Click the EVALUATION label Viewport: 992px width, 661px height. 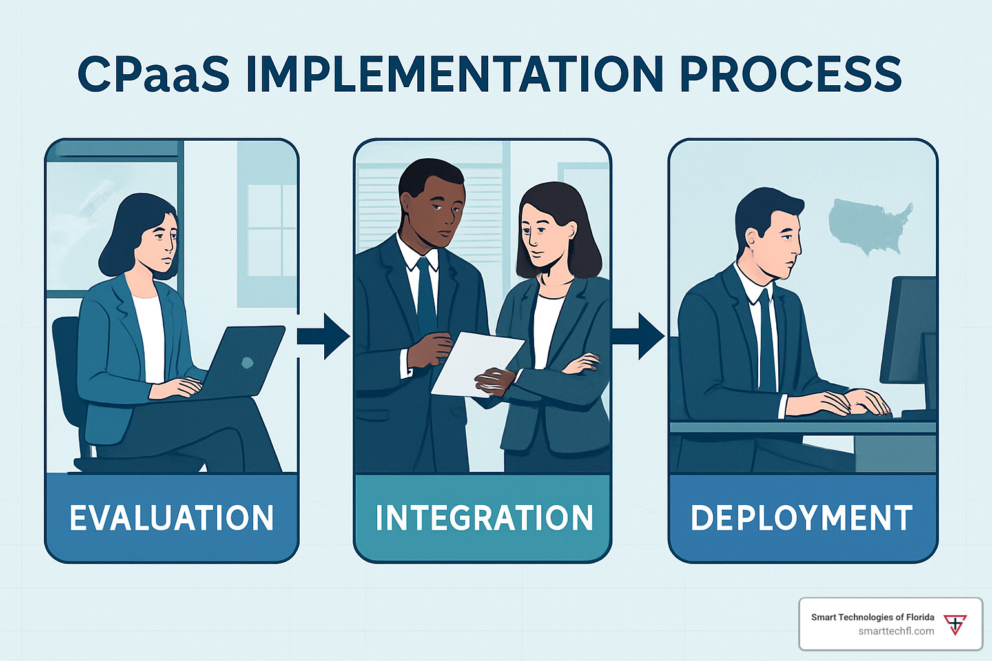coord(172,518)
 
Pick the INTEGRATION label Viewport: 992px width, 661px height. coord(484,518)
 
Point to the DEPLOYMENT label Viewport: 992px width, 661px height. coord(801,518)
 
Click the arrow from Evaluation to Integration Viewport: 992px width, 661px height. coord(324,336)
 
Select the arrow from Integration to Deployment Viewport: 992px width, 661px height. coord(638,336)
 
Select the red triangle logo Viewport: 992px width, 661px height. coord(955,625)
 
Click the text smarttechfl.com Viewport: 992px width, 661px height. coord(896,631)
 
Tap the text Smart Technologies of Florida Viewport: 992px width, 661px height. coord(873,617)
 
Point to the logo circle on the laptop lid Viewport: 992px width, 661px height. coord(247,363)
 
